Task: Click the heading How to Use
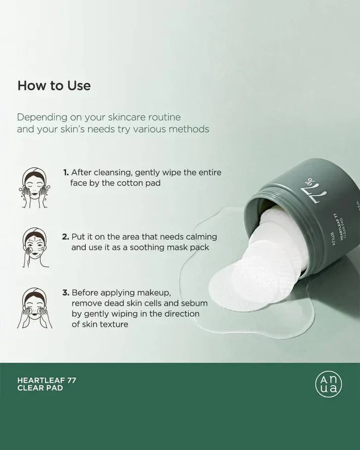(54, 86)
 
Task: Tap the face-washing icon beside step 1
(34, 187)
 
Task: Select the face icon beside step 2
(34, 247)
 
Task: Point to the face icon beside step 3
(35, 308)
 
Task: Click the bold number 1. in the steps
(66, 173)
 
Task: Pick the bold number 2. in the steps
(66, 237)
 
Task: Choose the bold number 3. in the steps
(66, 293)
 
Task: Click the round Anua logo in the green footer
(329, 384)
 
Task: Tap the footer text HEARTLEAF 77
(47, 380)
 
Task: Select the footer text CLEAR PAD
(40, 388)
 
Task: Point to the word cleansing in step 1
(113, 173)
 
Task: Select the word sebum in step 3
(194, 303)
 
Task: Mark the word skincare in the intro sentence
(127, 117)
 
